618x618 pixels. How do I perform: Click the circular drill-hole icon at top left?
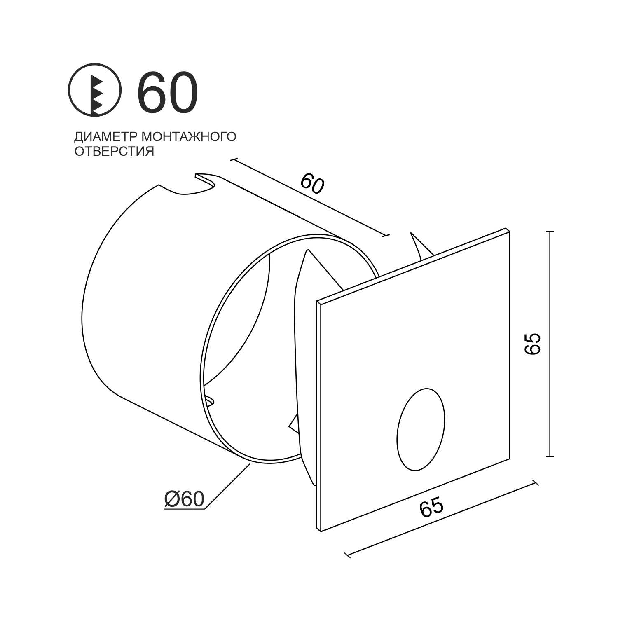[95, 89]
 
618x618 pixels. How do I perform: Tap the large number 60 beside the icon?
[167, 92]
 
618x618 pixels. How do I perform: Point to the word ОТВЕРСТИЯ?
[114, 151]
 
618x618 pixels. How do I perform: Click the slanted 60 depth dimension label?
[312, 184]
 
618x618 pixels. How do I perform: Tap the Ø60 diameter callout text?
[184, 499]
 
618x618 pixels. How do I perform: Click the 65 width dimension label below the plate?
[431, 507]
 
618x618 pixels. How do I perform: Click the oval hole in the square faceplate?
[421, 429]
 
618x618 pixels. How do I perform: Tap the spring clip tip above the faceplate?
[411, 234]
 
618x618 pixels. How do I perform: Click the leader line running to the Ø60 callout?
[227, 486]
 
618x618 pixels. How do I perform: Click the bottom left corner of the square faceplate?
[321, 531]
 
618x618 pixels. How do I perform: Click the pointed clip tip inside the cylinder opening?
[307, 250]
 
